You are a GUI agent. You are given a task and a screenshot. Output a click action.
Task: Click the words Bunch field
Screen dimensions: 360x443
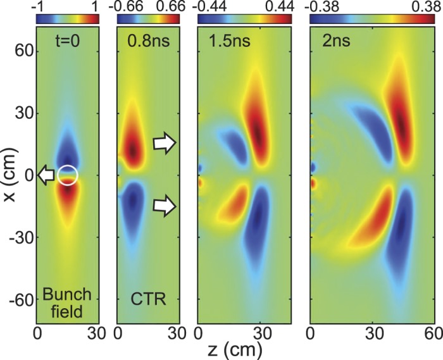(x=67, y=301)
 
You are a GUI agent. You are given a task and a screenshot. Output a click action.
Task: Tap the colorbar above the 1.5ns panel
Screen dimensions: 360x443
(x=246, y=19)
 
